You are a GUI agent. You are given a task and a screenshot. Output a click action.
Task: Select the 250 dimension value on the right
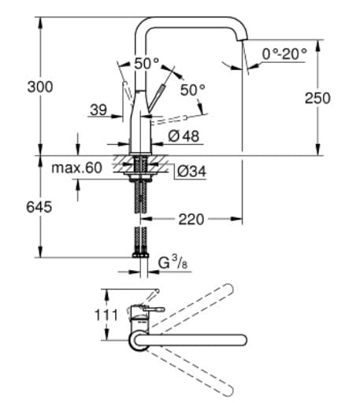[317, 98]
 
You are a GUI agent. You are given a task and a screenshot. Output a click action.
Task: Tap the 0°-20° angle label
[284, 54]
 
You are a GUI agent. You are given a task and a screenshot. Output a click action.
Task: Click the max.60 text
[77, 168]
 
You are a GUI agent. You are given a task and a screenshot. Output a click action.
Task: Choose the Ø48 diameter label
[184, 135]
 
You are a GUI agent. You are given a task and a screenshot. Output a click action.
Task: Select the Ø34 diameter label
[191, 169]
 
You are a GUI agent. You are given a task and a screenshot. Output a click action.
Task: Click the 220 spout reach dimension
[191, 219]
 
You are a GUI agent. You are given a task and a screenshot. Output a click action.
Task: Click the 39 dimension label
[98, 110]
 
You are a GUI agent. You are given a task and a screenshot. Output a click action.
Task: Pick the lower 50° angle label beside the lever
[192, 90]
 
